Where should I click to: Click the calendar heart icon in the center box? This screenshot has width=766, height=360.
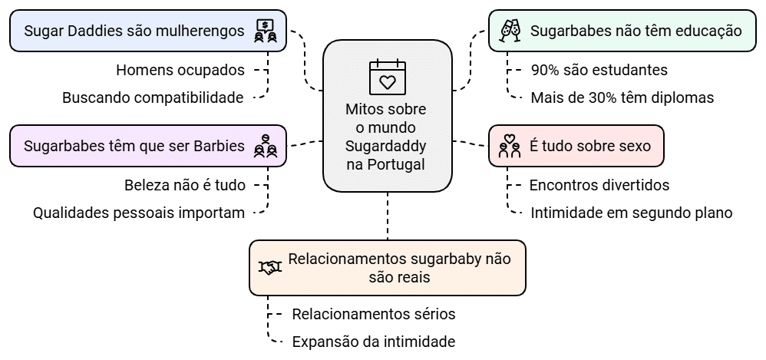coord(386,74)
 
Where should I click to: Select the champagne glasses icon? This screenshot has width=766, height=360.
coord(510,31)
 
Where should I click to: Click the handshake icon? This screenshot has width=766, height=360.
coord(269,267)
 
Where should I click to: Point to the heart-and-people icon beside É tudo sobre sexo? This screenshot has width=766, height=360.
coord(510,146)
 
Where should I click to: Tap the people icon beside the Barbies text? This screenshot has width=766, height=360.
coord(265,146)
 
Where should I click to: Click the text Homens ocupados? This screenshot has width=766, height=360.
coord(180,70)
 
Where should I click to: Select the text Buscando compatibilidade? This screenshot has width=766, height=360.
coord(154,97)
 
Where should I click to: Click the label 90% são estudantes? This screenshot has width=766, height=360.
coord(599,70)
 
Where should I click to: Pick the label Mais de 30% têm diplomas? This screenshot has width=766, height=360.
coord(622,97)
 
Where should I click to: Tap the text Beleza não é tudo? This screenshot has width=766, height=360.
coord(185,185)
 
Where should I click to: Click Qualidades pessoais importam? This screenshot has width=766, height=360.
coord(139,213)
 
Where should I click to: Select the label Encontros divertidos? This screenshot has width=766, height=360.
coord(599,185)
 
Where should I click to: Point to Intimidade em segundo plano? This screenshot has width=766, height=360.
coord(631,213)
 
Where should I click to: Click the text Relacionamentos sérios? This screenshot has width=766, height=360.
coord(374,314)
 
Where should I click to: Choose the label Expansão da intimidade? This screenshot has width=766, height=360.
coord(374,341)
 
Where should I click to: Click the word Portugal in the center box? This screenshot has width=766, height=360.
coord(395,165)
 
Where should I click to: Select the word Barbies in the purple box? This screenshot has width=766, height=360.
coord(219,146)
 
